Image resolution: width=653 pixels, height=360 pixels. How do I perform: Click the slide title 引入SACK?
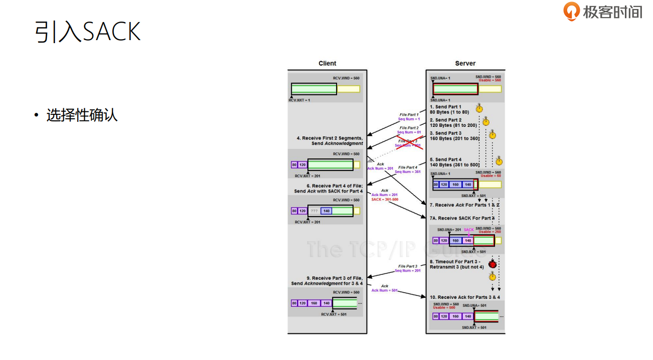88,32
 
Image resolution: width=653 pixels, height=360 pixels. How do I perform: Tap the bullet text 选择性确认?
82,115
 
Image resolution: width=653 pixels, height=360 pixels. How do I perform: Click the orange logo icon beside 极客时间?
572,11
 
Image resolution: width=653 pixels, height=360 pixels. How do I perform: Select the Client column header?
328,63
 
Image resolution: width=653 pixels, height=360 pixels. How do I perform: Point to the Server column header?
465,63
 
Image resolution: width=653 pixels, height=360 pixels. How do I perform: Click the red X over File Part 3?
410,142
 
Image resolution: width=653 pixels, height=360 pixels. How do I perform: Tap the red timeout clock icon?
493,264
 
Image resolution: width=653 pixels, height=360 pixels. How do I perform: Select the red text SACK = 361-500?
385,200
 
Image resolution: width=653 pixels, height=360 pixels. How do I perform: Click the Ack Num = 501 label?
384,290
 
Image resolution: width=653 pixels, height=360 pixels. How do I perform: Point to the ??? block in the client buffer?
314,211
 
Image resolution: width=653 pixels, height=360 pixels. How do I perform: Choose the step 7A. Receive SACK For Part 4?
462,218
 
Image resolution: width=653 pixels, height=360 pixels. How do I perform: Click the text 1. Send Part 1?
445,107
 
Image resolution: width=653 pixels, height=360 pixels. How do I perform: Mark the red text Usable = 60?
491,176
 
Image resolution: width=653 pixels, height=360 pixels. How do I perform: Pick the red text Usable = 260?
489,232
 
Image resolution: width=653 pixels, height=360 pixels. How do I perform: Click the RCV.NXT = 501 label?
333,314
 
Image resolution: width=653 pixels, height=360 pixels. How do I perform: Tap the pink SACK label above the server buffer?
468,230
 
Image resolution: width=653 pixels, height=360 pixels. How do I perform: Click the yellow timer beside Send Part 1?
479,108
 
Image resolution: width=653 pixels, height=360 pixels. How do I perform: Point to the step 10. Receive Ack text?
464,297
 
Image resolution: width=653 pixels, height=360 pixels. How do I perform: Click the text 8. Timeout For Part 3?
455,262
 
